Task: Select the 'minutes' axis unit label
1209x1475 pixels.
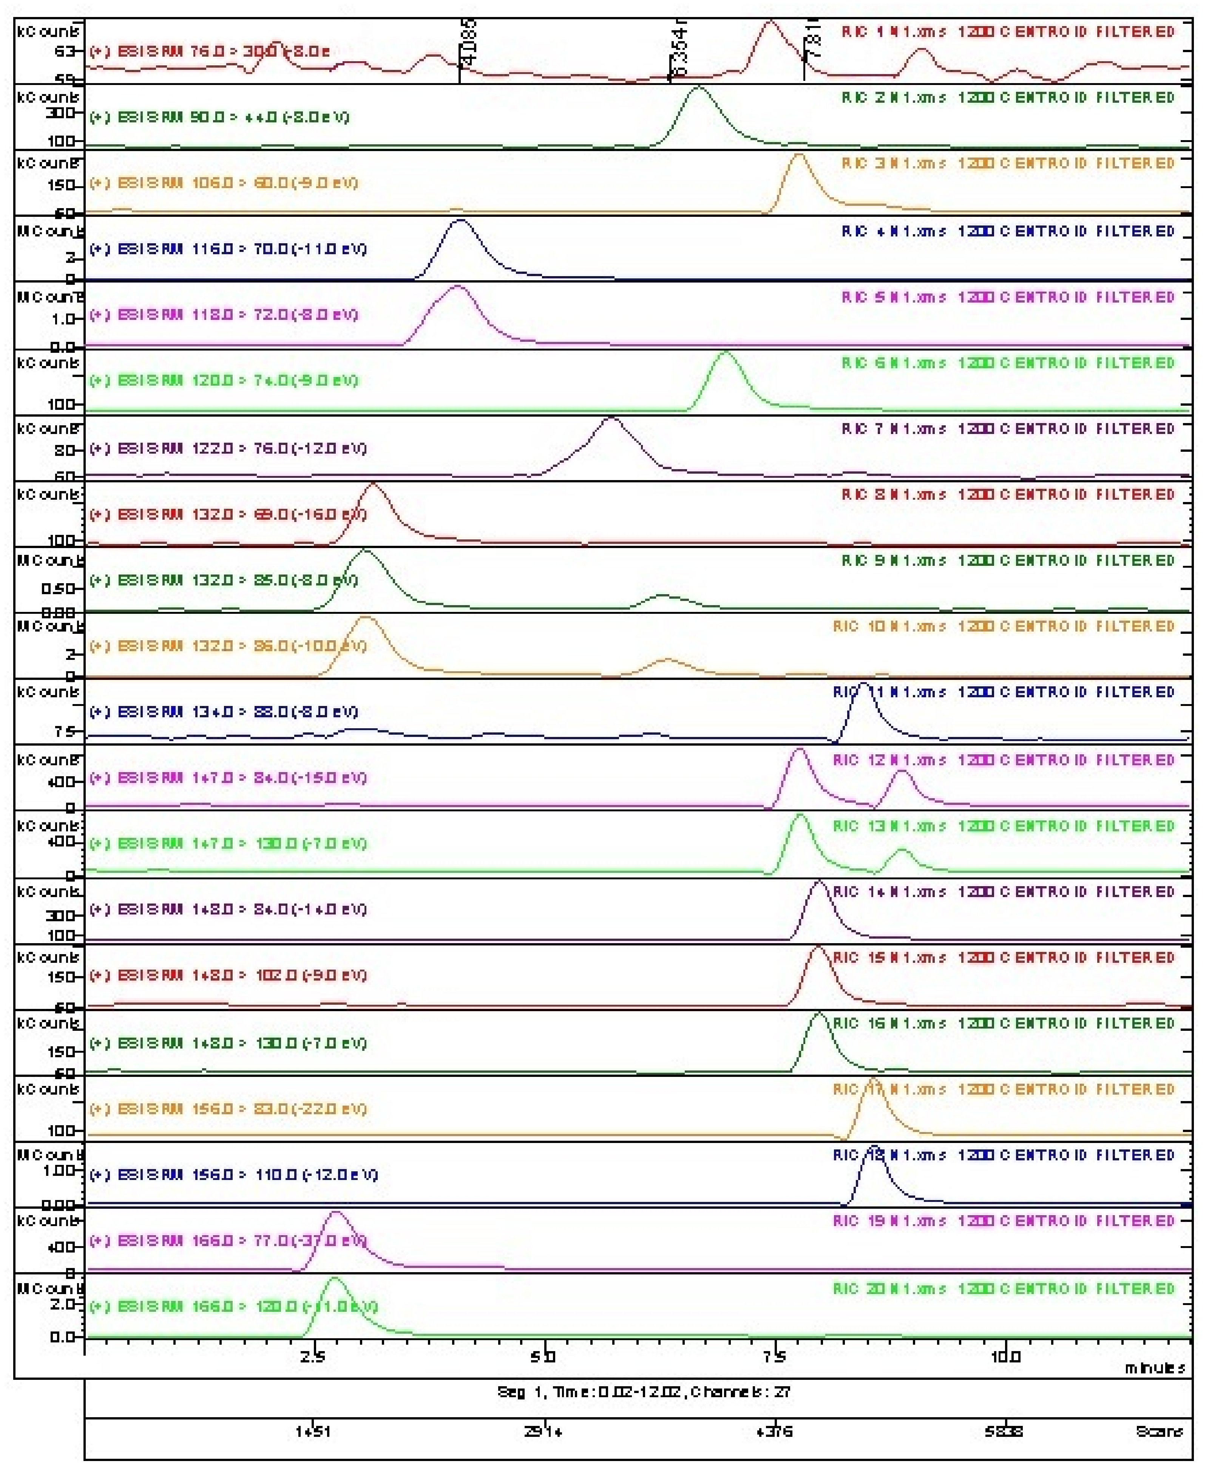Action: [x=1155, y=1368]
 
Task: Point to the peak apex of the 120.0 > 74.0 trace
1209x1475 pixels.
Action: [x=726, y=353]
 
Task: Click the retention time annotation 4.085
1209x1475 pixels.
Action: [x=469, y=43]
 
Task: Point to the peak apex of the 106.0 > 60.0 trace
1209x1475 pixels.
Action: [x=799, y=154]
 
